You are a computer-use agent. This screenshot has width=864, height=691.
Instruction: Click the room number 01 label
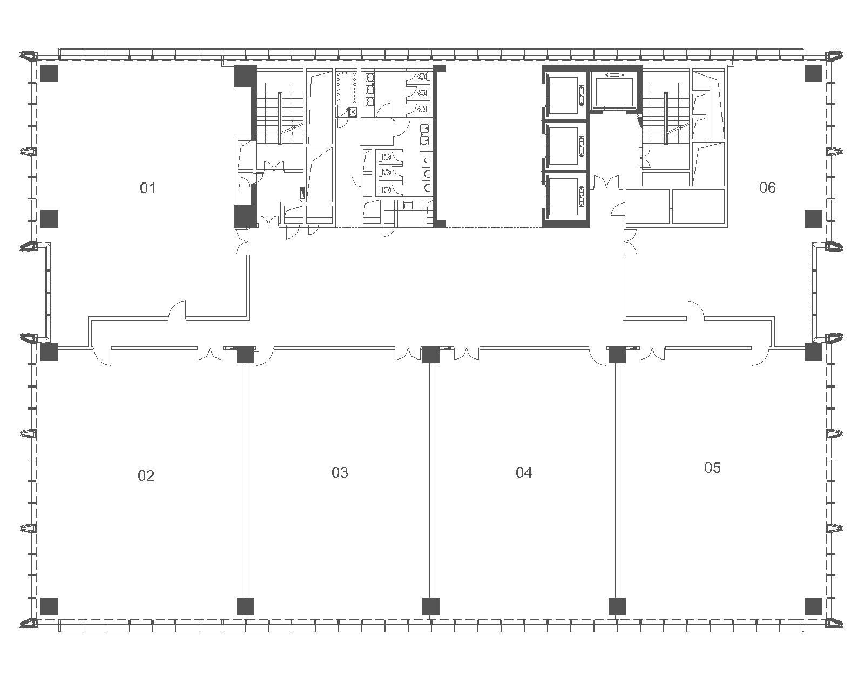[x=147, y=188]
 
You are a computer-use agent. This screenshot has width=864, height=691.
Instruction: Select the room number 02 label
[x=146, y=476]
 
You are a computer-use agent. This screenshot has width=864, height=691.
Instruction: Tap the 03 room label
[x=340, y=472]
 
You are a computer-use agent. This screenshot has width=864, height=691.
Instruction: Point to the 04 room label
[x=524, y=472]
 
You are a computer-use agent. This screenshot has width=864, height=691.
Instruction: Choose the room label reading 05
[x=712, y=468]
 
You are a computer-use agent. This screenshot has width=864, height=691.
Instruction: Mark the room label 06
[x=767, y=187]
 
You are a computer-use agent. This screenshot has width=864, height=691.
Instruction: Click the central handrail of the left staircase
[x=279, y=118]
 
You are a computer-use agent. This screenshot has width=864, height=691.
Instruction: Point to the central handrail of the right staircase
[x=666, y=118]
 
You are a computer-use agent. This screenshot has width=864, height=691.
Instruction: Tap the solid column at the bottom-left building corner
[x=49, y=606]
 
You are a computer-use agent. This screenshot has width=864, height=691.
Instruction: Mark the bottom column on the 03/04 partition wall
[x=431, y=606]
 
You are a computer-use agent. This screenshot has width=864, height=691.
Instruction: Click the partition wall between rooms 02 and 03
[x=245, y=480]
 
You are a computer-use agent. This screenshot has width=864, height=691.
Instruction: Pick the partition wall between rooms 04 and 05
[x=617, y=480]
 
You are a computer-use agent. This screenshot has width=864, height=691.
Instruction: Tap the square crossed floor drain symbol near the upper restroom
[x=353, y=112]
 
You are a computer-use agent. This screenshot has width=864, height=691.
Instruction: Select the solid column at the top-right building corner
[x=813, y=73]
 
